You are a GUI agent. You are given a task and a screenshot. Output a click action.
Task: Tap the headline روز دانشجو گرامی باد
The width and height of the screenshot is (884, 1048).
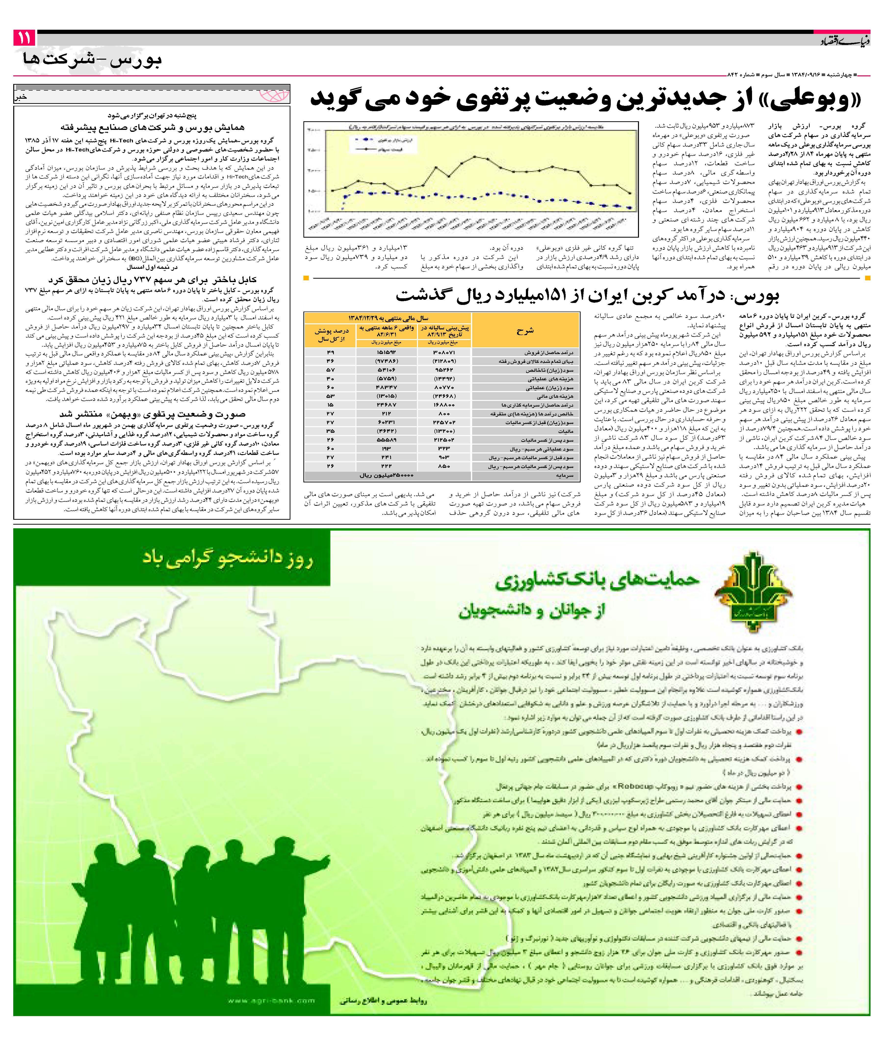pyautogui.click(x=228, y=559)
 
